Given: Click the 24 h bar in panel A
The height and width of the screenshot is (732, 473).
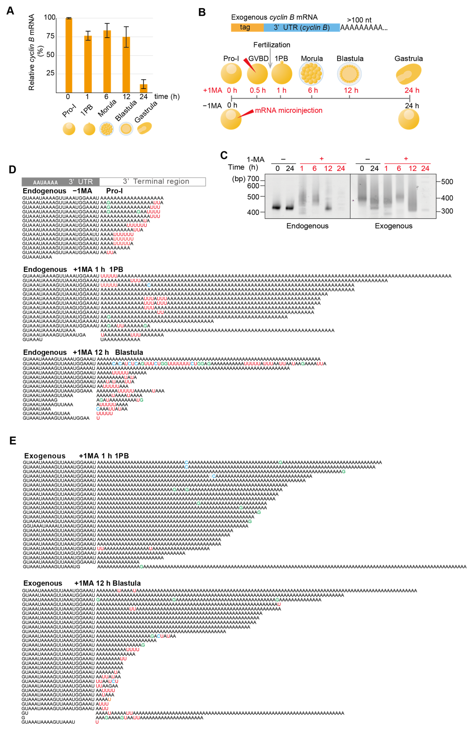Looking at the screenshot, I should pos(143,88).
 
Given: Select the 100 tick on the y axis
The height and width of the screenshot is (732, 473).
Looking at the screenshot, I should pos(50,17).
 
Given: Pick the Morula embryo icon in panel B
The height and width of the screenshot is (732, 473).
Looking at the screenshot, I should pos(311,74).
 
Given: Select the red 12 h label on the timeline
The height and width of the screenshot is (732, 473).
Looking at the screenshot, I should pos(351,90).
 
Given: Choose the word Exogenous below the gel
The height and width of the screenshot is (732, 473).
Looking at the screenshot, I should pos(393,226).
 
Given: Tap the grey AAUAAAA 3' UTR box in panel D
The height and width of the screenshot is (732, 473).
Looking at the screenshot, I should pos(61,182).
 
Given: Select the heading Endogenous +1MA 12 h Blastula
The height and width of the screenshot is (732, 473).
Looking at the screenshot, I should pos(83,352).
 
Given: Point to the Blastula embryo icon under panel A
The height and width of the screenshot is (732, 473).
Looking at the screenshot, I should pos(126,129).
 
